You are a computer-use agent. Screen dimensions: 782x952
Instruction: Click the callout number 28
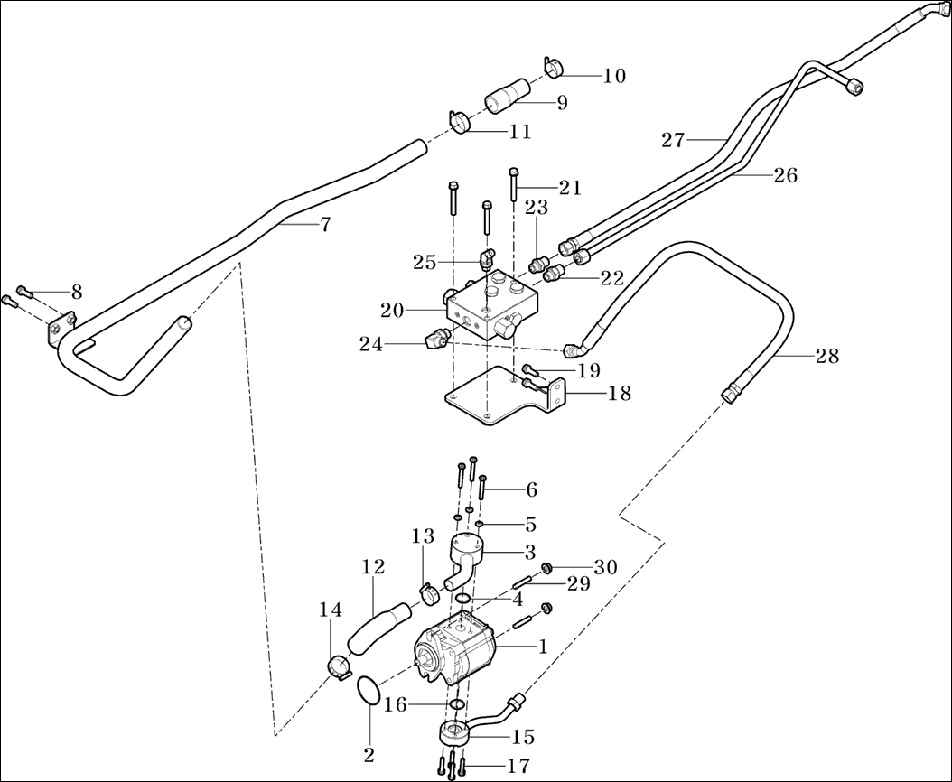(826, 357)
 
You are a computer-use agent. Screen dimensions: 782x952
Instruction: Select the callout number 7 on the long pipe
(325, 225)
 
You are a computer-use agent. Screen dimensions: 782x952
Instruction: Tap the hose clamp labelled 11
(462, 120)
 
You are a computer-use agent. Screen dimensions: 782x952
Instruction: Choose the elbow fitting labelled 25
(488, 260)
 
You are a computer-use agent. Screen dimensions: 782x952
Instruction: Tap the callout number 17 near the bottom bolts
(518, 766)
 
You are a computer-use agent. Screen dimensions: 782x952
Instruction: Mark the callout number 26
(785, 175)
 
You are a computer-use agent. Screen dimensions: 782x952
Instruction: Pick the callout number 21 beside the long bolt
(569, 188)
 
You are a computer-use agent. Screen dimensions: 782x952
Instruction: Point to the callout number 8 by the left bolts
(77, 292)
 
